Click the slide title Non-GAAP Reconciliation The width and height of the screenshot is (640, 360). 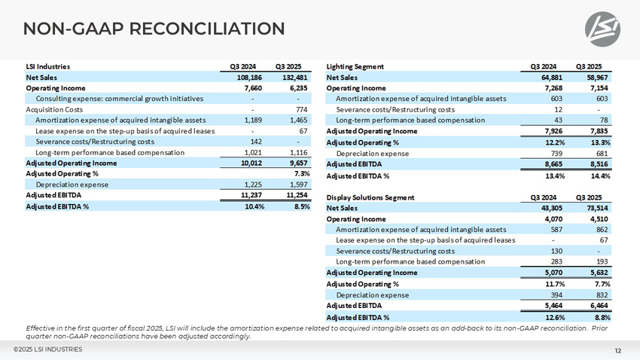[154, 29]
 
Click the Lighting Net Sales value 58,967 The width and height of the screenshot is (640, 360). [594, 78]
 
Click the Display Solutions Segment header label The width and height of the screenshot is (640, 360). [370, 197]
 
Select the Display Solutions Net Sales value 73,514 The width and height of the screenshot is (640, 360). [594, 208]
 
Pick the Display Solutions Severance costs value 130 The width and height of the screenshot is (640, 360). [556, 251]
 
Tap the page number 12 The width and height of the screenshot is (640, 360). [617, 350]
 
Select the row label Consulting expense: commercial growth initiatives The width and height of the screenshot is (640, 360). [119, 99]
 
